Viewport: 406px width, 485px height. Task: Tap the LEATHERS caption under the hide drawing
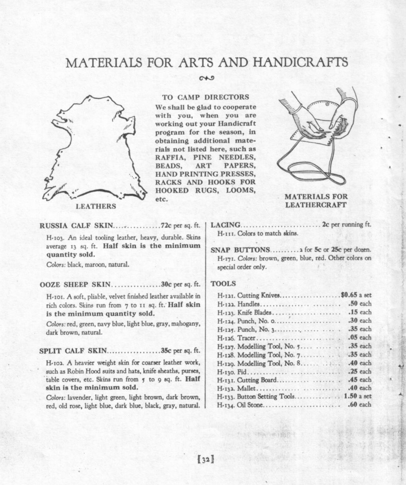tap(96, 206)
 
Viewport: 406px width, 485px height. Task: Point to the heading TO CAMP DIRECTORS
tap(205, 97)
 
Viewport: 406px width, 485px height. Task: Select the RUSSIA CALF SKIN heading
tap(77, 225)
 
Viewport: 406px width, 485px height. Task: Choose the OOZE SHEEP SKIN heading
tap(75, 285)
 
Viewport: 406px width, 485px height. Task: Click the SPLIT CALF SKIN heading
tap(73, 351)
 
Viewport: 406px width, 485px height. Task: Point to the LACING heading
tap(226, 225)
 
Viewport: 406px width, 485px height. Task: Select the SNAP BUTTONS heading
tap(241, 250)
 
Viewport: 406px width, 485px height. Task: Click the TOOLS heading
tap(223, 283)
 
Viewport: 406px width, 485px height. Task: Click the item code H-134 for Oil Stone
tap(226, 405)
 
